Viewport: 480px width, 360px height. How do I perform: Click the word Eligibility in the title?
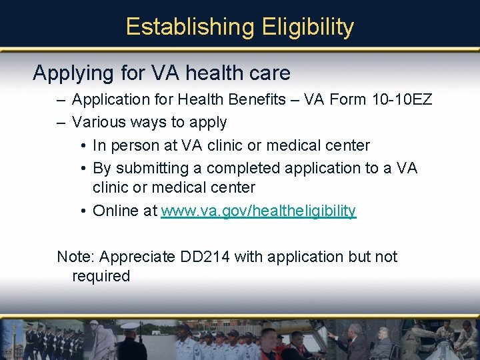(308, 27)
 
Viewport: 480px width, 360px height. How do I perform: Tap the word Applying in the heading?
(71, 73)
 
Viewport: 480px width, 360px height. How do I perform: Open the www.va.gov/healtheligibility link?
(259, 211)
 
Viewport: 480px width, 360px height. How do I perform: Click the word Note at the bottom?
(74, 257)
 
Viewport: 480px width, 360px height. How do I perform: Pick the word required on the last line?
(101, 277)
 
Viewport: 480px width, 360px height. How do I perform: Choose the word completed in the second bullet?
(243, 168)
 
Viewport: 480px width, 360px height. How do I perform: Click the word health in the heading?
(213, 73)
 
